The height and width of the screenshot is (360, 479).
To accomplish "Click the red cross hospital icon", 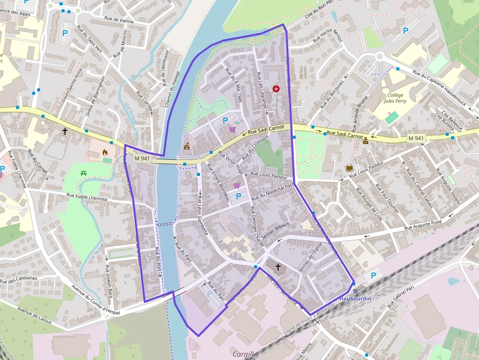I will pyautogui.click(x=276, y=89).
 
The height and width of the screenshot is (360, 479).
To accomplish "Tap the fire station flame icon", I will pyautogui.click(x=105, y=152).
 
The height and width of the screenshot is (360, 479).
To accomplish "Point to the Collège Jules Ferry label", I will pyautogui.click(x=395, y=98).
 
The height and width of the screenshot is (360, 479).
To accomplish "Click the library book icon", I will pyautogui.click(x=349, y=168).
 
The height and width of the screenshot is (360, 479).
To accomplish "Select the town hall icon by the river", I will pyautogui.click(x=186, y=146).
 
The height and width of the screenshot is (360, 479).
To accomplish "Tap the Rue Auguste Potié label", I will pyautogui.click(x=423, y=226).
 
